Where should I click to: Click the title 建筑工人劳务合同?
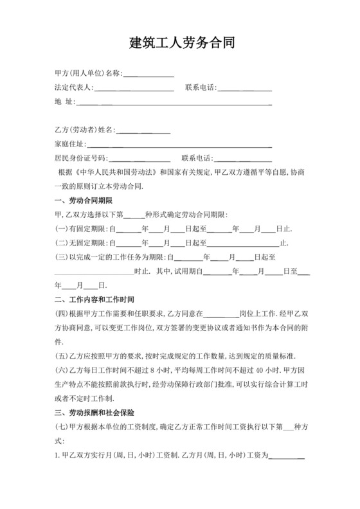[180, 44]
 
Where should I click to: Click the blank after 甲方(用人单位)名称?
[148, 73]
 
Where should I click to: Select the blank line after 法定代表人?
[134, 87]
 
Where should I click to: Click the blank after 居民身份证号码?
[139, 158]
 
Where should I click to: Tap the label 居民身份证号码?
[81, 158]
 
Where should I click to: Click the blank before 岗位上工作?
[221, 314]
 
